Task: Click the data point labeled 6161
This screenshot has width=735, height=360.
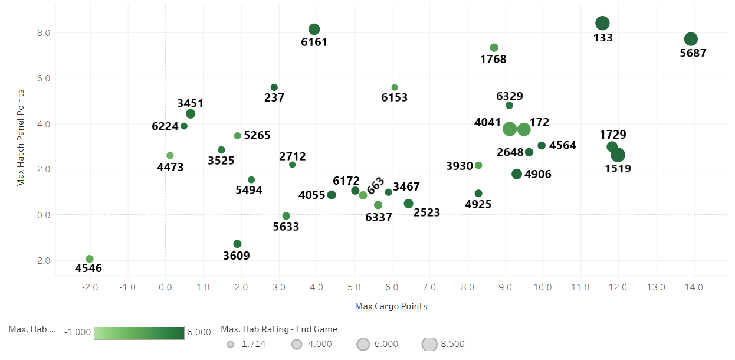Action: [x=314, y=30]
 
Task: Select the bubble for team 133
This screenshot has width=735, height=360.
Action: [x=602, y=23]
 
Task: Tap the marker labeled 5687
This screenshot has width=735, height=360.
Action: [x=691, y=39]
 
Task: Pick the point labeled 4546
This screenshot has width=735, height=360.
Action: [x=90, y=259]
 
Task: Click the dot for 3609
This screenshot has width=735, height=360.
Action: [x=237, y=244]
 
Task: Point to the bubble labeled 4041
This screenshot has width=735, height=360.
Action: [x=510, y=129]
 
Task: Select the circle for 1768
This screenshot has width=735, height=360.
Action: [x=494, y=48]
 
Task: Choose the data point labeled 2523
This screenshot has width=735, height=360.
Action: [x=408, y=204]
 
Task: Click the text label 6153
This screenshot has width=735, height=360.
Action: [x=394, y=97]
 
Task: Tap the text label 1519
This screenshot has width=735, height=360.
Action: [x=618, y=168]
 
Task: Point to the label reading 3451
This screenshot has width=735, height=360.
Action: [x=190, y=103]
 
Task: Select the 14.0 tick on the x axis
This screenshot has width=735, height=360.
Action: [x=694, y=287]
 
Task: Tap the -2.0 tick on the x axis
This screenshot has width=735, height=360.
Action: [x=90, y=287]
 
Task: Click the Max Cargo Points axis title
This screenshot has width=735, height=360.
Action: [x=391, y=306]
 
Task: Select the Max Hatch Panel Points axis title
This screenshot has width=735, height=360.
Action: [x=21, y=138]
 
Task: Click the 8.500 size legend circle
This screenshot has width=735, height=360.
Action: [x=429, y=344]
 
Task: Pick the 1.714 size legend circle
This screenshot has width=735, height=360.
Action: [x=230, y=344]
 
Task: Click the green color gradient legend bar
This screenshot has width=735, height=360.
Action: [x=139, y=332]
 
